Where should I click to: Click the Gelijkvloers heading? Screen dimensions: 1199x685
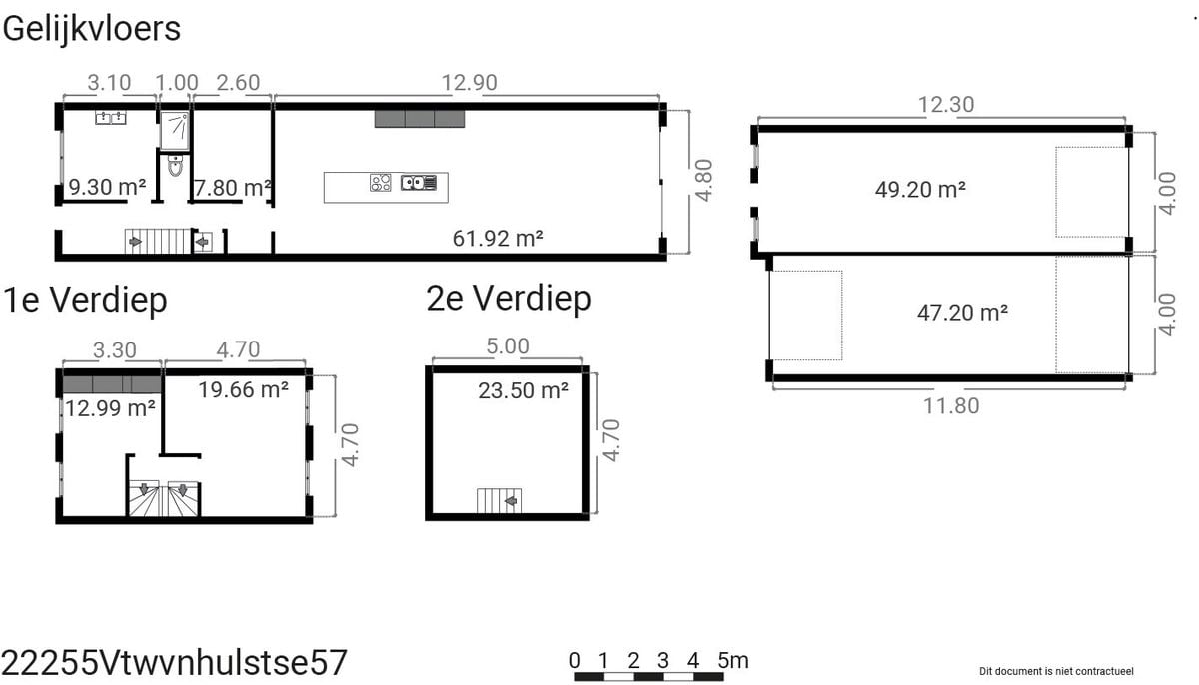point(92,29)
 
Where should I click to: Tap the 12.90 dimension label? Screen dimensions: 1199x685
point(469,83)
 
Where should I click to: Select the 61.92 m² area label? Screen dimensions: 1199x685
point(498,239)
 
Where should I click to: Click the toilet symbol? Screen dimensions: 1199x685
point(175,165)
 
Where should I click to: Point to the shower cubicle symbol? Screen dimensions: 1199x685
point(175,131)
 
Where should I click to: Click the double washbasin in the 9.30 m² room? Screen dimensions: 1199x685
point(111,117)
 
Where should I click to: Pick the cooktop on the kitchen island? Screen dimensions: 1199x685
point(380,183)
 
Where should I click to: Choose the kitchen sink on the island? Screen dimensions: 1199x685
point(419,183)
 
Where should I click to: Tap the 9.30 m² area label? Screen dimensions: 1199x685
point(107,187)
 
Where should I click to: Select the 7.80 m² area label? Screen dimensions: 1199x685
point(232,189)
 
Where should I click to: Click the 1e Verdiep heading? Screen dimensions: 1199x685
point(85,300)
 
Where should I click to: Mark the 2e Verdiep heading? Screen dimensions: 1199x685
point(509,299)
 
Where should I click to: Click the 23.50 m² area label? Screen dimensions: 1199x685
point(523,390)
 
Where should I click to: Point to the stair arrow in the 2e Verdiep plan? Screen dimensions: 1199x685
point(511,501)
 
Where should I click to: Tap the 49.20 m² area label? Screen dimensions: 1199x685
point(920,190)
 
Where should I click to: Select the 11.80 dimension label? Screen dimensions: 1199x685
point(951,406)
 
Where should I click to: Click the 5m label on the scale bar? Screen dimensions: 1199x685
point(733,661)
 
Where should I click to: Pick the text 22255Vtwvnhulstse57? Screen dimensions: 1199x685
point(175,663)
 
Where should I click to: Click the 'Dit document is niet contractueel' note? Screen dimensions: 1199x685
point(1056,671)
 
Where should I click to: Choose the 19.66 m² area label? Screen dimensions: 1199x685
point(244,390)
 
